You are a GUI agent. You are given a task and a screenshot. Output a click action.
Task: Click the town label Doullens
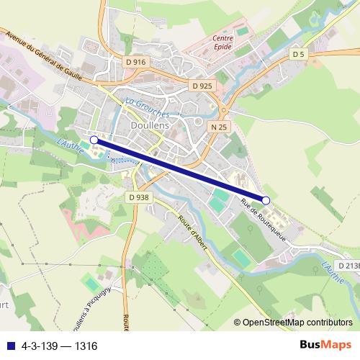[150, 125]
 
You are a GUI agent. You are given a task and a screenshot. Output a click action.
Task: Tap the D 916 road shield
[135, 62]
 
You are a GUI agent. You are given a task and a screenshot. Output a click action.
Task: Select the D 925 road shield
[202, 86]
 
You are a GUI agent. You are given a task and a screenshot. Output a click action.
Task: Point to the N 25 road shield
[220, 127]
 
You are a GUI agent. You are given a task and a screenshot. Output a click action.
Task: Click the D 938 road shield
[138, 197]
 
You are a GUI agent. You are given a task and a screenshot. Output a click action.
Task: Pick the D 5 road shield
[300, 54]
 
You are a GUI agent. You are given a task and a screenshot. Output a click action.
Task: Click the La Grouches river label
[147, 107]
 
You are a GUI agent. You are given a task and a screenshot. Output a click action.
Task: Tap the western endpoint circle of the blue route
[94, 140]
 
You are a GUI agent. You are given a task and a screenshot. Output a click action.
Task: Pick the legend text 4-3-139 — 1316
[60, 346]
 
